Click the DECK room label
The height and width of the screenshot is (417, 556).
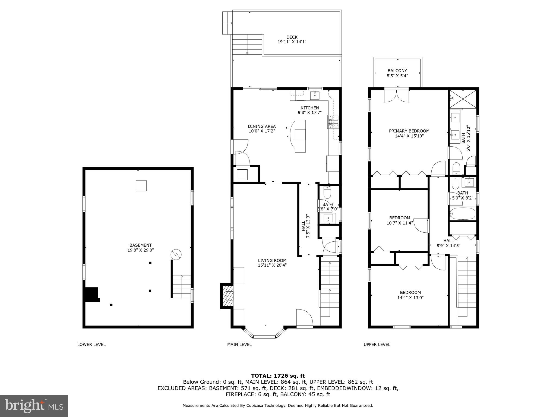pos(292,37)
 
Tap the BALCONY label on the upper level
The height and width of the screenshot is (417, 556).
pos(397,71)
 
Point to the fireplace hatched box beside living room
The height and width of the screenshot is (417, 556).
pos(228,296)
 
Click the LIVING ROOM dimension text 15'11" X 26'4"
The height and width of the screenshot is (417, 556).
pos(272,265)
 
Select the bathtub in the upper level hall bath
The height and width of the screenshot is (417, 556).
pos(463,214)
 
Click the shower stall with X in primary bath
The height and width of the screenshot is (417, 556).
pos(463,99)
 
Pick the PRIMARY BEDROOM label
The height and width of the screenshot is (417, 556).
pos(409,131)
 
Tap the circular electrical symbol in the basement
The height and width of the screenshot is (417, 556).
pos(176,255)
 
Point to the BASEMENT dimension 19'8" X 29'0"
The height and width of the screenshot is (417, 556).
pos(141,250)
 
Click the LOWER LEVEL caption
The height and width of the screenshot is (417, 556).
pos(91,345)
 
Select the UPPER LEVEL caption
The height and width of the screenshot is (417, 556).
pos(377,345)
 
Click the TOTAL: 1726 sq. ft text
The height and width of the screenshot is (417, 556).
pos(278,376)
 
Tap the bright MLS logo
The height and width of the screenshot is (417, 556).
pos(34,406)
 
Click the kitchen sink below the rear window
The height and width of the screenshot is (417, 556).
pos(315,94)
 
